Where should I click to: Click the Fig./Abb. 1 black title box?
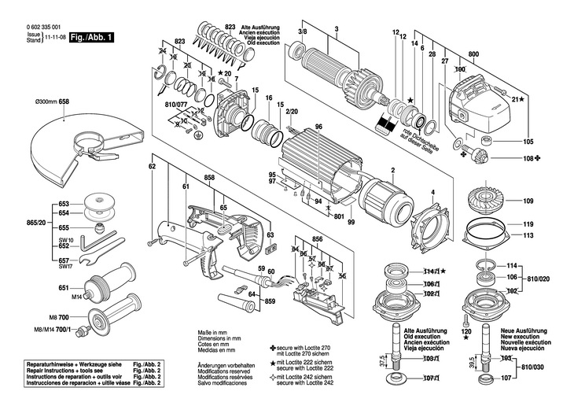pos(90,37)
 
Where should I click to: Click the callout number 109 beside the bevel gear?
pos(529,201)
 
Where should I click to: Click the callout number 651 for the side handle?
pos(64,289)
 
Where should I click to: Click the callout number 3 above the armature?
pos(336,30)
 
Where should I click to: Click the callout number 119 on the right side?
pos(529,224)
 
